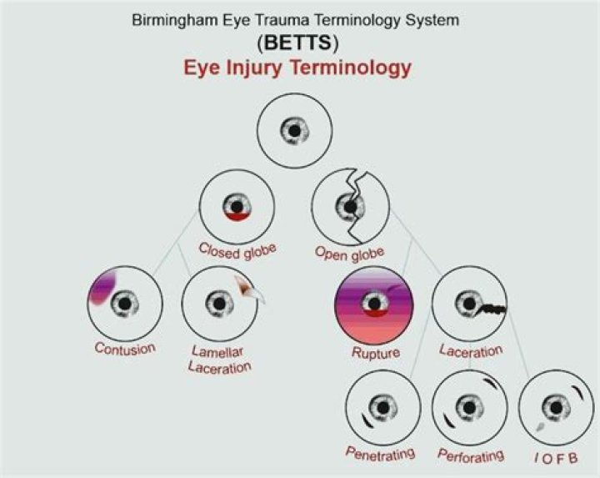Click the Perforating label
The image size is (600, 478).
click(x=471, y=455)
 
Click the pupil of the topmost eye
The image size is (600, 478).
click(x=293, y=130)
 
